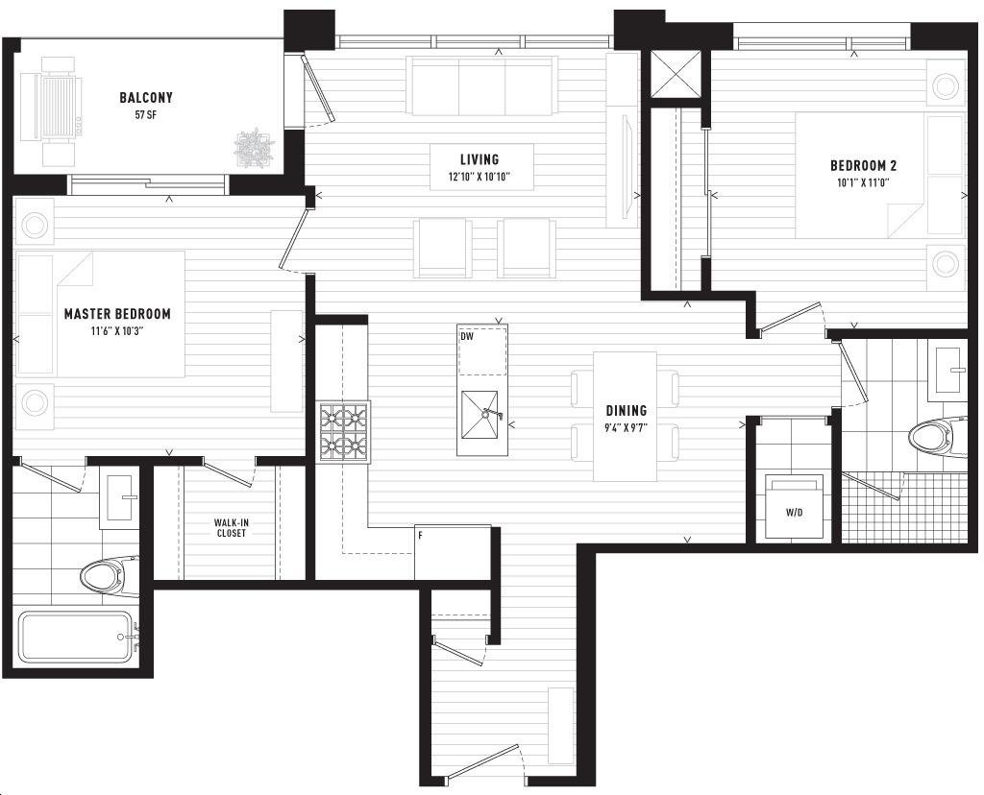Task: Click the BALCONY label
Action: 146,98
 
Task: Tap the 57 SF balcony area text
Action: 146,115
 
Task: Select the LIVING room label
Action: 480,159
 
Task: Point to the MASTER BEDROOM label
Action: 117,313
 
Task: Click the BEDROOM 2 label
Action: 864,165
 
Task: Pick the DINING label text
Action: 627,411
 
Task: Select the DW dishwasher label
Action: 467,337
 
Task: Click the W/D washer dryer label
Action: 794,513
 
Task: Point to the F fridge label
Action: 421,536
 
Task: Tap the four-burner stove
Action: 343,431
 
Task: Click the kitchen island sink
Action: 480,415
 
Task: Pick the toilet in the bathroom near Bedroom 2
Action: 938,436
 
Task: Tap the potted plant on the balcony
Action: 254,149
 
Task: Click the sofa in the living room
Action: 481,85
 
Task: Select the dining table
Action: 625,417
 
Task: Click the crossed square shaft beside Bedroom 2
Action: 676,73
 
